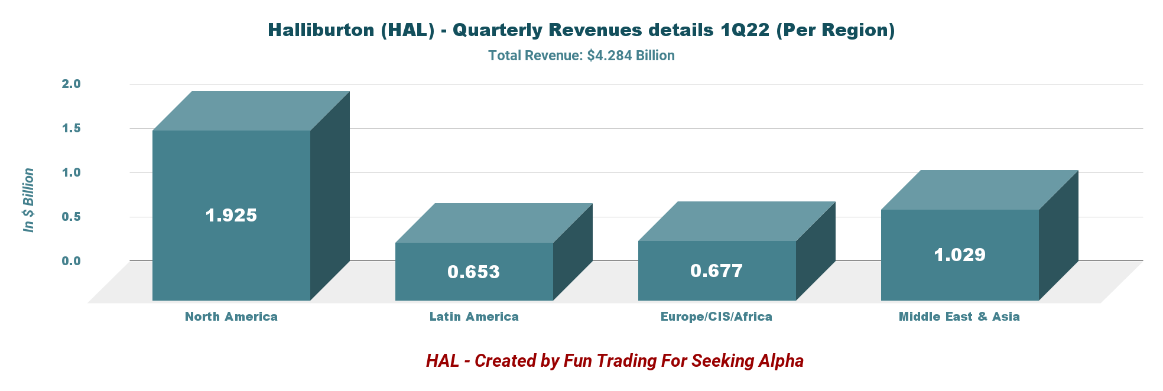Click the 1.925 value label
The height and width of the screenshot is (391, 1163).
[231, 215]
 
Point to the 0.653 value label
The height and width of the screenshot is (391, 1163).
[473, 272]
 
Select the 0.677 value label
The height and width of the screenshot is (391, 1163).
[716, 271]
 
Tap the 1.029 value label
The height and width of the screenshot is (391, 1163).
[960, 255]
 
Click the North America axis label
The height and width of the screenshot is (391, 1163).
[231, 317]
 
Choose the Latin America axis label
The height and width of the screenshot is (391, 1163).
[474, 317]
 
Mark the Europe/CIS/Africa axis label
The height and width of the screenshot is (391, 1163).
[716, 317]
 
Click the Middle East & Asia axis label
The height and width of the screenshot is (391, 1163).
[959, 317]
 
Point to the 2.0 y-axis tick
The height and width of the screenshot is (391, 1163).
[71, 84]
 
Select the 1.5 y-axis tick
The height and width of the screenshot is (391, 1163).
[71, 128]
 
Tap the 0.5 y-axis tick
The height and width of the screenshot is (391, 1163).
[71, 217]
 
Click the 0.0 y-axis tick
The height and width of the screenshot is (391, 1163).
[71, 260]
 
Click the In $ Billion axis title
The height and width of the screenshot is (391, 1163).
[28, 200]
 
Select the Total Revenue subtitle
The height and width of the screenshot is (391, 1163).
[581, 56]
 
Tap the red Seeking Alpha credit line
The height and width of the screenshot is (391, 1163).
[615, 360]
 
